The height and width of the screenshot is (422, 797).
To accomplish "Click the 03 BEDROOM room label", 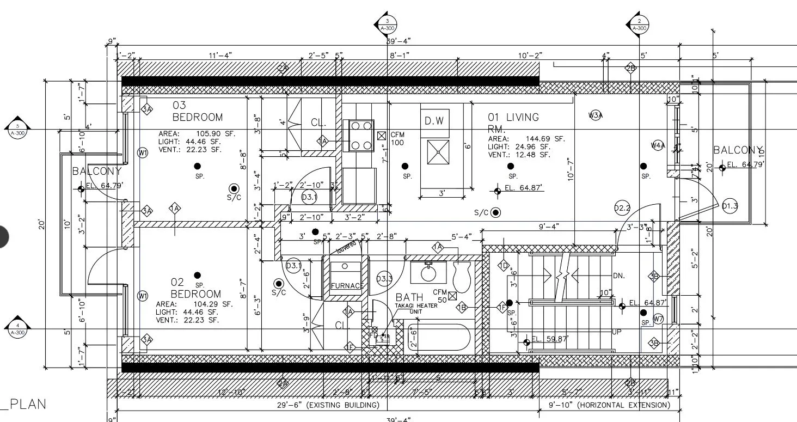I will point(197,111).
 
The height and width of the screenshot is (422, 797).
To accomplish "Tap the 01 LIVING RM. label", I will point(513,122).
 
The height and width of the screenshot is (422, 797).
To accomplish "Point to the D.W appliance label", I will point(434,121).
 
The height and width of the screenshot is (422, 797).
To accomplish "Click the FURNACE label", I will point(347,286).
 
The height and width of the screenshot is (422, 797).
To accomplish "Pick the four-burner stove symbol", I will point(361,136).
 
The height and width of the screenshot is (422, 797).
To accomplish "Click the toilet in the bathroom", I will point(462,276).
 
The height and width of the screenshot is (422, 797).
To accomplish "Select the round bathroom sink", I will point(428,272).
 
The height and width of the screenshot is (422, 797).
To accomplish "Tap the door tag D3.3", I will point(384,279).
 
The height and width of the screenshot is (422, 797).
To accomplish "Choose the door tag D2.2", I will point(622,208).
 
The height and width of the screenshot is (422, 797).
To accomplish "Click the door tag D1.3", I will point(729,206).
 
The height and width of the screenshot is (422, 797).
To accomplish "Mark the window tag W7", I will point(658,319).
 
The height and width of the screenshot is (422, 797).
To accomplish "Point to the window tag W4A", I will point(658,145).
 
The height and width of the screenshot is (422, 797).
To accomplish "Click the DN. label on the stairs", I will point(618,276).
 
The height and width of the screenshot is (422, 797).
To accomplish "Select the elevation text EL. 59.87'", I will point(550,339).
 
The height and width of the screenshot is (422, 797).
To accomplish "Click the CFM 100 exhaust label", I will point(397,138).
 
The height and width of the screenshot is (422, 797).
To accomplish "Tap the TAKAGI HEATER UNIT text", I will point(416,308).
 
